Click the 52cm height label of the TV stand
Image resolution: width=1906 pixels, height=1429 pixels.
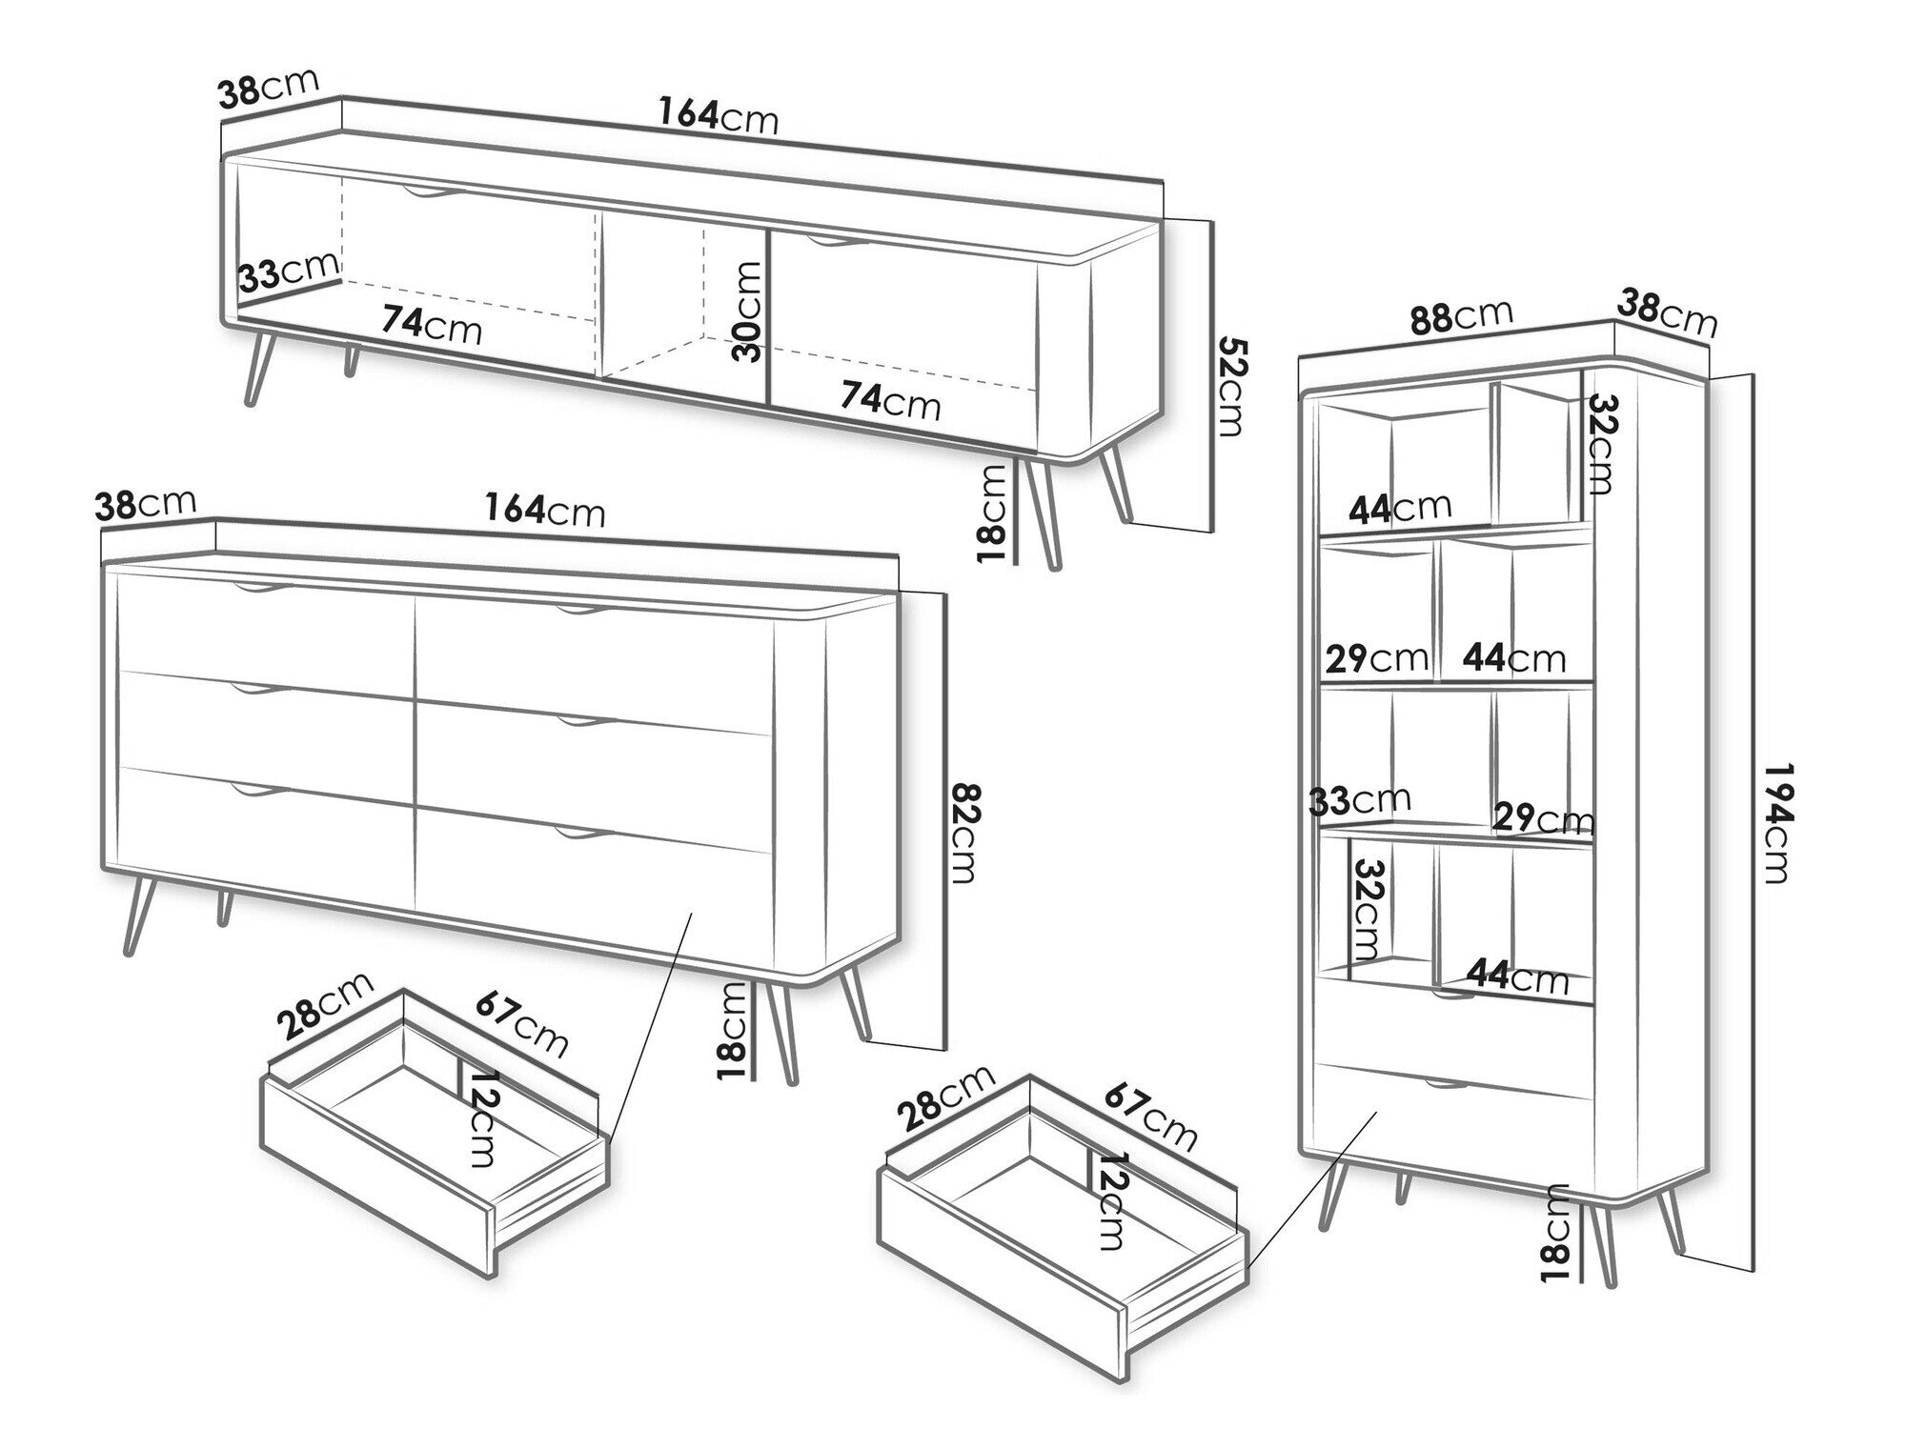[x=1230, y=387]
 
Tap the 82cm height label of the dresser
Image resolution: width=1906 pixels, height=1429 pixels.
[x=965, y=834]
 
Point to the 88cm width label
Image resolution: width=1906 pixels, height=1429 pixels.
[x=1461, y=316]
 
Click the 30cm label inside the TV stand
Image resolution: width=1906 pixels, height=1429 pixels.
[x=749, y=312]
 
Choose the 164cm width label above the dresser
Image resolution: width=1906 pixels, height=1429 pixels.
[x=544, y=510]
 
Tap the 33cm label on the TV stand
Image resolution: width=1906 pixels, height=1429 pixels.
[x=288, y=271]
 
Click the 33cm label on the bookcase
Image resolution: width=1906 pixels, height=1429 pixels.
[x=1360, y=800]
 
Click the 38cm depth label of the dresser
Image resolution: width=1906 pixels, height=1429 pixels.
[x=146, y=504]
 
